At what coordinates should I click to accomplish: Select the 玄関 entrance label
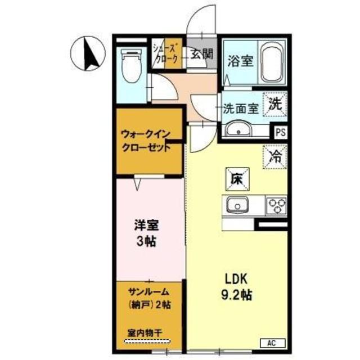[x=199, y=55]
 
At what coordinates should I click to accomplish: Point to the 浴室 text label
[x=240, y=61]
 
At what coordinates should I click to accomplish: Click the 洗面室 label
[x=240, y=109]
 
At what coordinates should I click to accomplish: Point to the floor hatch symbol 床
[x=236, y=178]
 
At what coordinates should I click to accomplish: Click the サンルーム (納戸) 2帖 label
[x=149, y=299]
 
